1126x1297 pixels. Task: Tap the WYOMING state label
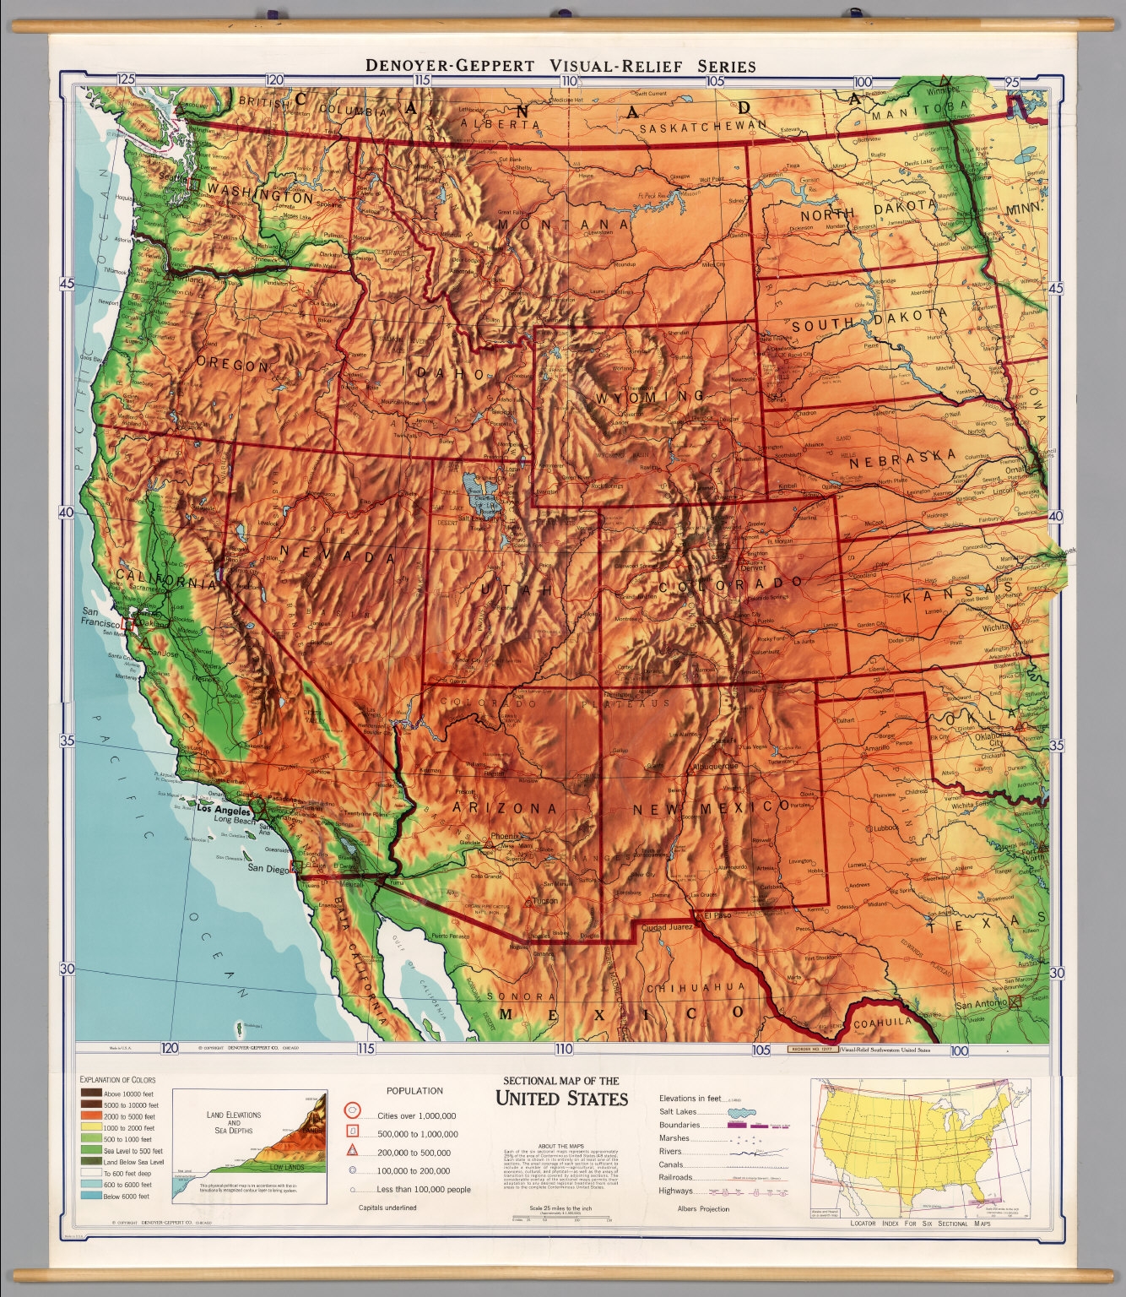[649, 396]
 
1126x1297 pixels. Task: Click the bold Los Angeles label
[224, 808]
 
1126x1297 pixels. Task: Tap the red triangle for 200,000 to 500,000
[353, 1152]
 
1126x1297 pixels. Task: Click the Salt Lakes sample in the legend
[737, 1112]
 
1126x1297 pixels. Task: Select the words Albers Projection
[703, 1208]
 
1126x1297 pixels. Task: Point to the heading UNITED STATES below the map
[561, 1099]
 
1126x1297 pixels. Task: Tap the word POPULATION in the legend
[414, 1091]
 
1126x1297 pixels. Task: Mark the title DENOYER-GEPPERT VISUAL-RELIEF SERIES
[560, 65]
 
